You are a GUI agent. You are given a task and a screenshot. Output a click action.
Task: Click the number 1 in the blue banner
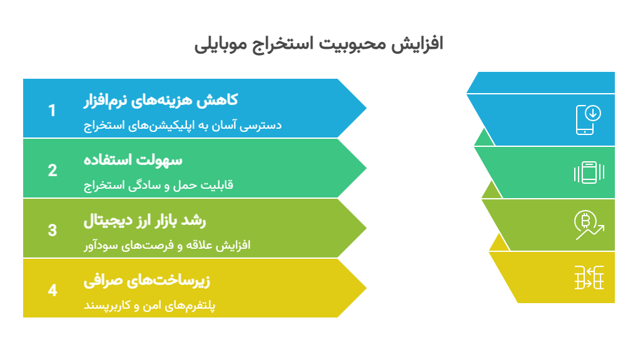pos(53,111)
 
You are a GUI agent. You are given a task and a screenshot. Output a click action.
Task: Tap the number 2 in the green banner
pos(53,171)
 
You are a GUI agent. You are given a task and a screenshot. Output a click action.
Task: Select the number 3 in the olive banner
pos(53,230)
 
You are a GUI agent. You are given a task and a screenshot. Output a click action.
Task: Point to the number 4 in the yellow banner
pos(53,290)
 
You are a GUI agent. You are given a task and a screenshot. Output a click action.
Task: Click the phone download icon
pos(588,119)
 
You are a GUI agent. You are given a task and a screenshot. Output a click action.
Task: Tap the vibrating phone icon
pos(588,172)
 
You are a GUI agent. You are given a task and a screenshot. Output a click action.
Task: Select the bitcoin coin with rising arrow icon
pos(588,225)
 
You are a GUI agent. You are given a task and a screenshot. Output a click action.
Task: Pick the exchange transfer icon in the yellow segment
pos(589,277)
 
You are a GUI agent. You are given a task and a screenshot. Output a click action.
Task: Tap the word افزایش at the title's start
pos(420,44)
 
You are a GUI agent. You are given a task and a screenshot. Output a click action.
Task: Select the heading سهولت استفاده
pos(133,159)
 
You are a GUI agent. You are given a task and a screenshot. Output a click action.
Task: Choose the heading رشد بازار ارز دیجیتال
pos(145,220)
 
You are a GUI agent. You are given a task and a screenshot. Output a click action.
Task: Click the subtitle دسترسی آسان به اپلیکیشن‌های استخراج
pos(183,125)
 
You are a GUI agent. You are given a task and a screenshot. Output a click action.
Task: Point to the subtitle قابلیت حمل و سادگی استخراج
pos(158,185)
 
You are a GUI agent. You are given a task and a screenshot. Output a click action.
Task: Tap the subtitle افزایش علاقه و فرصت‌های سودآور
pos(167,245)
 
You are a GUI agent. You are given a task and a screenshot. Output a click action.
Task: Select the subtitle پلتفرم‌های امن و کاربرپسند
pos(150,306)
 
